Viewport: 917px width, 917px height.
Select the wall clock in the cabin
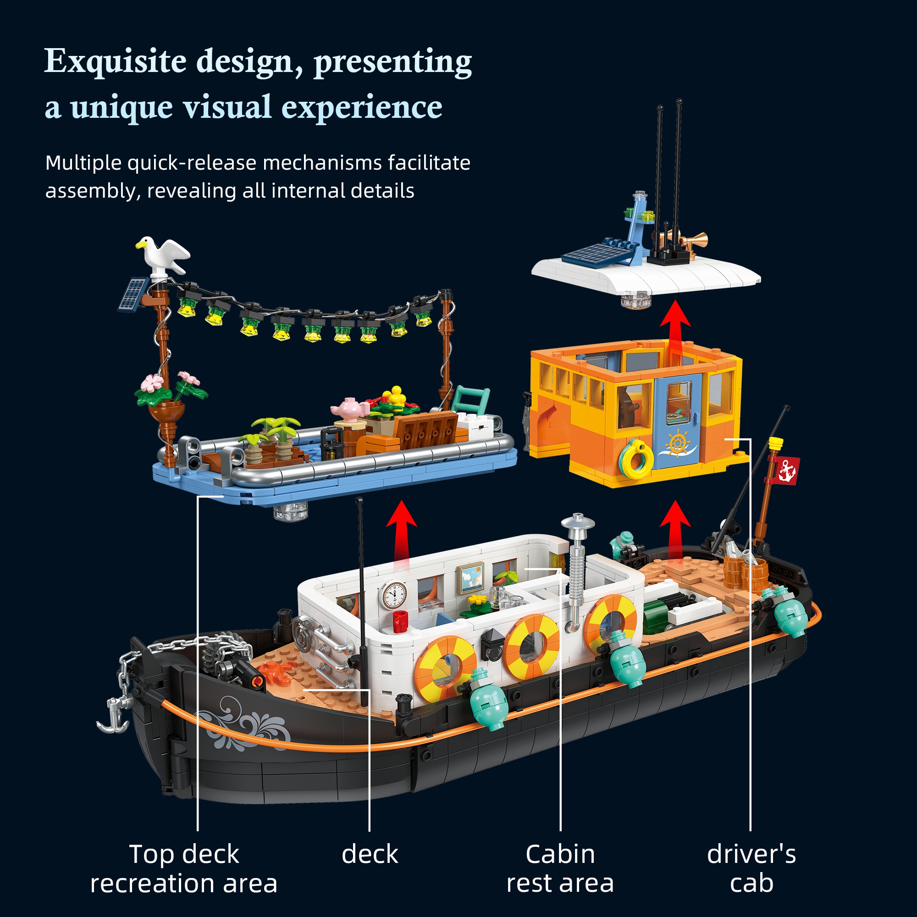393,595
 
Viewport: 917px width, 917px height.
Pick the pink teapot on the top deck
350,409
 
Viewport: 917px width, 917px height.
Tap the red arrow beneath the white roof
675,327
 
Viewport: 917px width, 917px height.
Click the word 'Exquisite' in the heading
116,62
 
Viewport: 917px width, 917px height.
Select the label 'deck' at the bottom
370,854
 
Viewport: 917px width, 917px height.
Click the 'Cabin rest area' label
560,868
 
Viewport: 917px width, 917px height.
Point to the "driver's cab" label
751,868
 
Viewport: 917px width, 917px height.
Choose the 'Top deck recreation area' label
184,868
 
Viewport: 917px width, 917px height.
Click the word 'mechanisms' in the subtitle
322,163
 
